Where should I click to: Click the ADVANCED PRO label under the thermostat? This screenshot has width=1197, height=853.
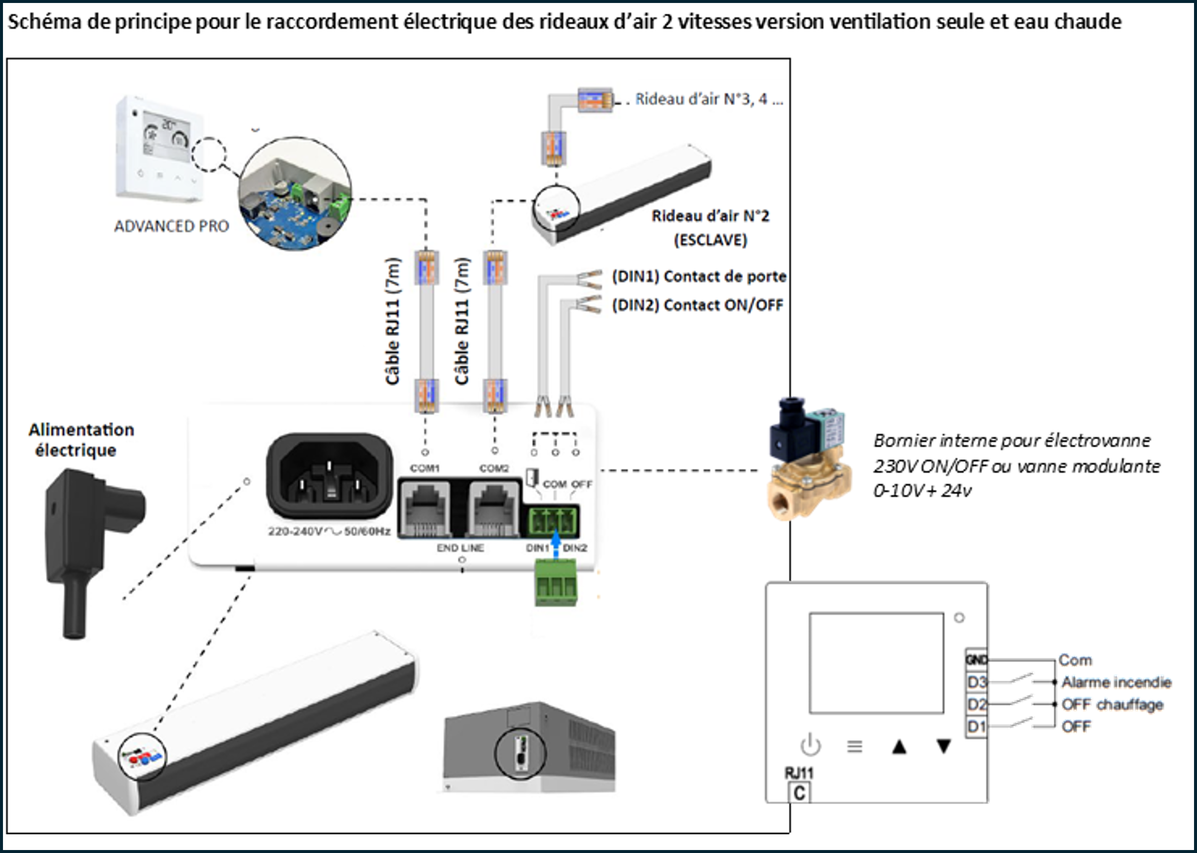pos(172,226)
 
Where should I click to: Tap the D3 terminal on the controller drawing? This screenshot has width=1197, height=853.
pos(976,682)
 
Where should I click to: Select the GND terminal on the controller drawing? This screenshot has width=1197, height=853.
pos(976,660)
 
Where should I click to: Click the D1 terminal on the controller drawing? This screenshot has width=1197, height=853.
pos(976,727)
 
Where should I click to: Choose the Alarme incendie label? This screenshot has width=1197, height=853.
pos(1116,682)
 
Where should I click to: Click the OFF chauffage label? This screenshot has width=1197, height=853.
pos(1112,704)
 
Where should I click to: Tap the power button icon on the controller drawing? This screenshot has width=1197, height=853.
pos(810,745)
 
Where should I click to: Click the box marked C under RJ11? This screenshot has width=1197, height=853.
pos(799,793)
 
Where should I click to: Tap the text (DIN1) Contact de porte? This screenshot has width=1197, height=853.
pos(699,276)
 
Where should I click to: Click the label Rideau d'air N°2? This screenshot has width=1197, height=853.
pos(710,216)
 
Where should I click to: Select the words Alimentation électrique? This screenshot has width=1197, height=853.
pos(81,440)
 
